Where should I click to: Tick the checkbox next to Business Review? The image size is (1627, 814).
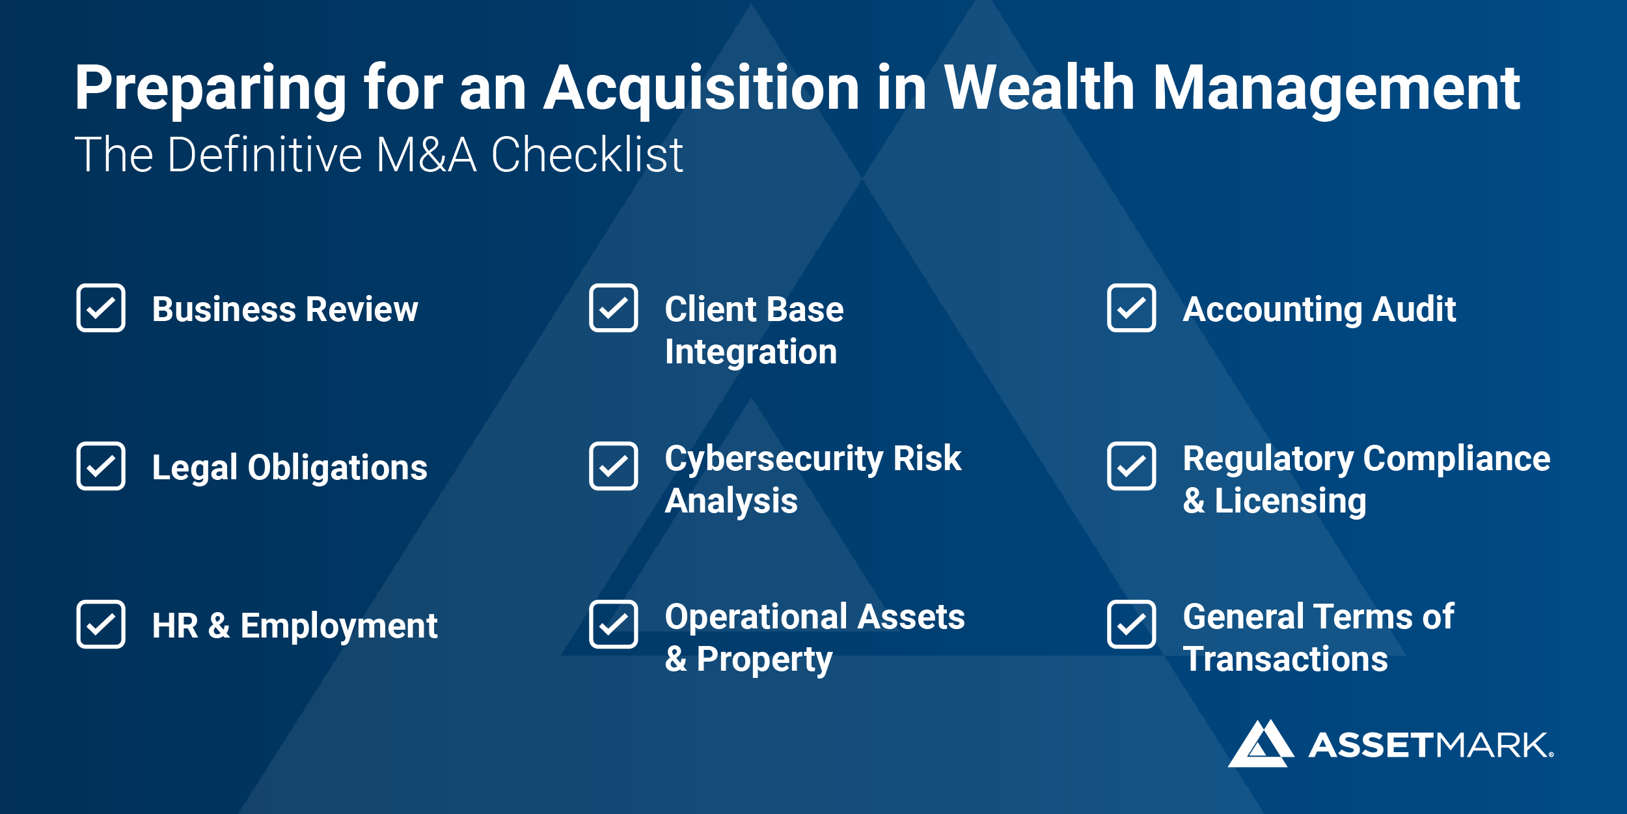pos(101,308)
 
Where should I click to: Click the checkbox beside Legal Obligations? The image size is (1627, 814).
pos(101,466)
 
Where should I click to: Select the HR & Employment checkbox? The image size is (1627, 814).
pos(101,625)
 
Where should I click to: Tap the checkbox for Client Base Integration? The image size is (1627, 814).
pos(614,308)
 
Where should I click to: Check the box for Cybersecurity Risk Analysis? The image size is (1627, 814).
pos(614,466)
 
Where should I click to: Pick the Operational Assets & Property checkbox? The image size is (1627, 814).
pos(614,625)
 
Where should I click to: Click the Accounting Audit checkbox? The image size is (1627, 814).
pos(1132,308)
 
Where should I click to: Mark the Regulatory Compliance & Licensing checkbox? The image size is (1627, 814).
pos(1132,466)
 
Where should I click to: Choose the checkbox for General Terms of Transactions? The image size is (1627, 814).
pos(1132,625)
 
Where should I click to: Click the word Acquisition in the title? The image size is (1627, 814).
pos(702,90)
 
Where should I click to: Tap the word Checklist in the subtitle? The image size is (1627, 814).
pos(587,155)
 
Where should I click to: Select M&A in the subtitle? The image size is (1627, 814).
pos(426,155)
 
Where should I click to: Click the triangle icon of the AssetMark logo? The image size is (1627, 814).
pos(1261,744)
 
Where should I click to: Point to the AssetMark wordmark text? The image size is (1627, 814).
pos(1431,746)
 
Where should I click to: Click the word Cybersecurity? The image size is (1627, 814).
pos(774,460)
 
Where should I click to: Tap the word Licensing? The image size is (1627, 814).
pos(1291,502)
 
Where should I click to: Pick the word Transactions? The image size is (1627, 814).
pos(1285,659)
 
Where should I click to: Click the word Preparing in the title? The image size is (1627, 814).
pos(210,90)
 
